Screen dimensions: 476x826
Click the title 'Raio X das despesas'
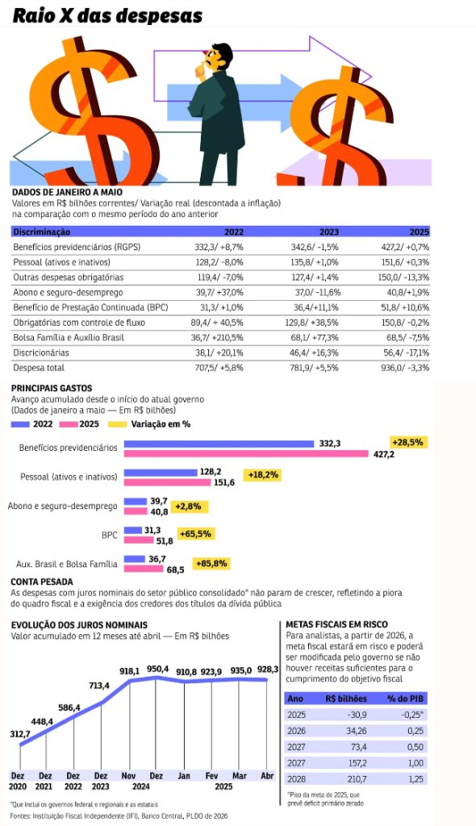pyautogui.click(x=107, y=16)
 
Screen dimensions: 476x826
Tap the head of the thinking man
pyautogui.click(x=218, y=56)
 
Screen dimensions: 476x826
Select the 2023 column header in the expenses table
pyautogui.click(x=329, y=232)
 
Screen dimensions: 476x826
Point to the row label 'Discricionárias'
pyautogui.click(x=41, y=353)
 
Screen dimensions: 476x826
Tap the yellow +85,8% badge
pyautogui.click(x=211, y=564)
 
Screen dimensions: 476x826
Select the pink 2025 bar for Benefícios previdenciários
pyautogui.click(x=246, y=453)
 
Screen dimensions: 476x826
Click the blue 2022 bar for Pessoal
pyautogui.click(x=161, y=473)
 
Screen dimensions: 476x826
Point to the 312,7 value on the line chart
pyautogui.click(x=20, y=734)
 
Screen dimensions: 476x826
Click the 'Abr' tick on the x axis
pyautogui.click(x=267, y=776)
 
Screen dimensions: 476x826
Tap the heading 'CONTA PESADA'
pyautogui.click(x=42, y=582)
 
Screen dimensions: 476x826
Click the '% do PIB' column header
pyautogui.click(x=406, y=699)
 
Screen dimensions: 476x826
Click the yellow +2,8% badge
pyautogui.click(x=189, y=507)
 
